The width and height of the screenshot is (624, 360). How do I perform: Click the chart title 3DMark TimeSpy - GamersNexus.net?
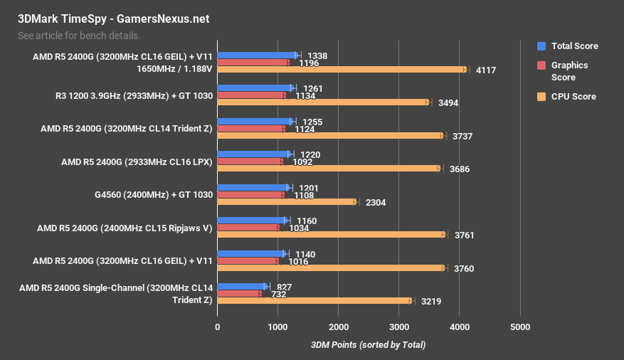(x=113, y=19)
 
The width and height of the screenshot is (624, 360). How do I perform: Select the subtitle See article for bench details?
(x=78, y=35)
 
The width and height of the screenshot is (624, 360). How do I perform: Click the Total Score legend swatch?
(x=541, y=46)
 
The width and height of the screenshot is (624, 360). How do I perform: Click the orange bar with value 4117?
(x=342, y=70)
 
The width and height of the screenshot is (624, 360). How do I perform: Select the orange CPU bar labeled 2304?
(x=287, y=202)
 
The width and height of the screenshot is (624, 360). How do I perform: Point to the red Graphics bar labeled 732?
(x=239, y=293)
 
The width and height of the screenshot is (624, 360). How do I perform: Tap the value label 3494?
(x=448, y=103)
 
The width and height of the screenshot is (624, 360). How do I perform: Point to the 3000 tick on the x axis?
(x=399, y=327)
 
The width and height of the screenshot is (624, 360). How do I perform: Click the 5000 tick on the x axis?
(x=521, y=327)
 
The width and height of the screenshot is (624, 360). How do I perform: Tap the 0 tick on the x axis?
(x=218, y=327)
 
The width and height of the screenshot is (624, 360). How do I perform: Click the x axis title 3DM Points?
(x=368, y=345)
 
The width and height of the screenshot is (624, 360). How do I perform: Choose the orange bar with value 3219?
(x=314, y=301)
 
